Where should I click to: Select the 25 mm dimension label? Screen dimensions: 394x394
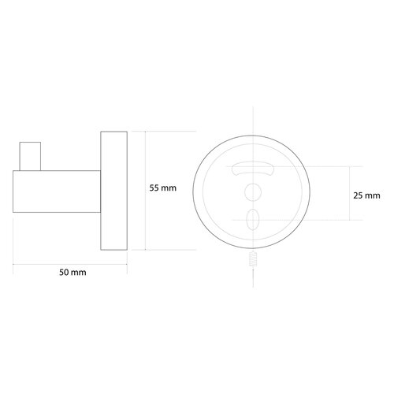tap(368, 194)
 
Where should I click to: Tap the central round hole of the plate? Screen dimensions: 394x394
tap(253, 190)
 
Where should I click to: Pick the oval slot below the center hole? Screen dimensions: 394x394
tap(253, 217)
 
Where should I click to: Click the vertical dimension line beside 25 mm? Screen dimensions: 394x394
tap(350, 193)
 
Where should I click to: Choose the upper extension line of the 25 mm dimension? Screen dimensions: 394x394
tap(331, 165)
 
